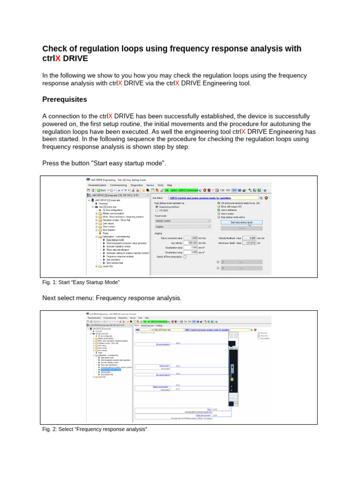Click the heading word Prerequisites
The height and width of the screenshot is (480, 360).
[x=64, y=99]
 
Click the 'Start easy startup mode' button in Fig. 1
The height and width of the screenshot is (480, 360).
[x=241, y=222]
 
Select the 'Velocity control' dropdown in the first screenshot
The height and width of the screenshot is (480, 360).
[x=183, y=220]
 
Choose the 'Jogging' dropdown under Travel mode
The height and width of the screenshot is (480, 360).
[x=183, y=226]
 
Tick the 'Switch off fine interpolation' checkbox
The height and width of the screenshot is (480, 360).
[x=185, y=257]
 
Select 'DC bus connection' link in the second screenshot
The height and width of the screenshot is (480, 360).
[x=162, y=344]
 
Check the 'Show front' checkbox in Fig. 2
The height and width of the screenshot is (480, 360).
[x=258, y=336]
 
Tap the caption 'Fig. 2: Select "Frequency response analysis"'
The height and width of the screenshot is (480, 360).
[x=95, y=429]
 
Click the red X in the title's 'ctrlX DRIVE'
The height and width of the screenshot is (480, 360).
[x=58, y=59]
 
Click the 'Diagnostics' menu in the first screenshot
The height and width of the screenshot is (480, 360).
[x=136, y=185]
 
